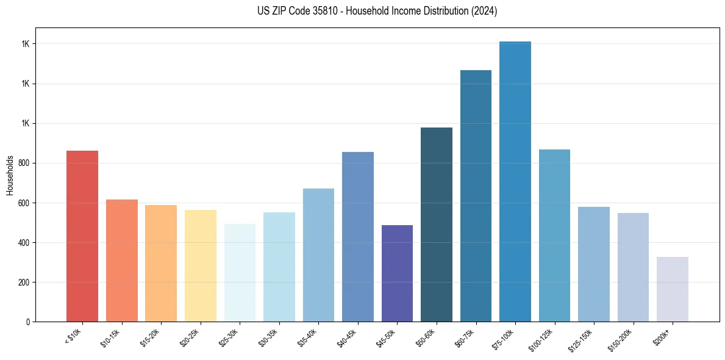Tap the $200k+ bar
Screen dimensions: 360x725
coord(673,289)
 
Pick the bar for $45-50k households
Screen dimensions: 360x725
coord(397,273)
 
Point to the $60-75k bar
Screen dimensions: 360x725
coord(476,196)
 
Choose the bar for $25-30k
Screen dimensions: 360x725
coord(240,273)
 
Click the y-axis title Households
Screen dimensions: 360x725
coord(10,175)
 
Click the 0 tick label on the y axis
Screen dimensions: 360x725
coord(27,322)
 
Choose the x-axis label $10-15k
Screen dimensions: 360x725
coord(110,338)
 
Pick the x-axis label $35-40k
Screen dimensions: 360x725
coord(307,338)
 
